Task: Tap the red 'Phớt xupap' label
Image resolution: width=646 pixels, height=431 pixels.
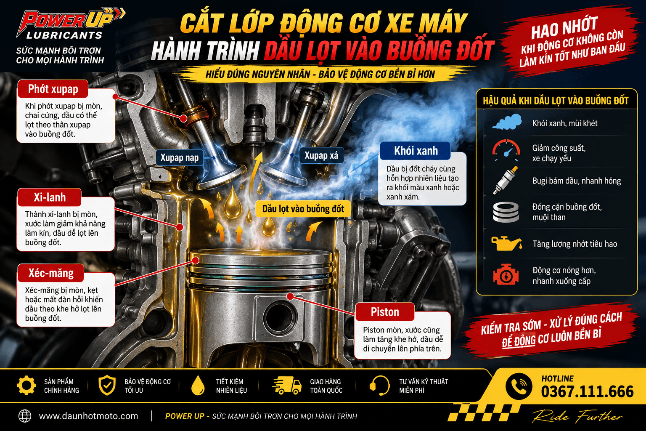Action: [53, 89]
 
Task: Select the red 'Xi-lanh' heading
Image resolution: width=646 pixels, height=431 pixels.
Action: [49, 197]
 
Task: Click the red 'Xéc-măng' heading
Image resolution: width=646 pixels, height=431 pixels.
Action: [51, 273]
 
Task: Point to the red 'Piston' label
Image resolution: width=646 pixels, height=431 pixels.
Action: [385, 312]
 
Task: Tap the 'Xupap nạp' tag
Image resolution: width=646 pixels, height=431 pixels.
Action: [180, 157]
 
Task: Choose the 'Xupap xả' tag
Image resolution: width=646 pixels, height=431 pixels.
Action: [321, 155]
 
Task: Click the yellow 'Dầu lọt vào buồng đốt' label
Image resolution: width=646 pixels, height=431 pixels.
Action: [303, 209]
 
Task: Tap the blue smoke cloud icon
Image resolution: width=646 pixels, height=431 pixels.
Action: [507, 122]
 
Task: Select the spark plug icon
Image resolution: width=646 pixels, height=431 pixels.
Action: [505, 181]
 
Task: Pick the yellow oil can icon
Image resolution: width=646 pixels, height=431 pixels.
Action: [506, 243]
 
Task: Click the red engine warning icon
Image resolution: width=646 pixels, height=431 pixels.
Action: [506, 274]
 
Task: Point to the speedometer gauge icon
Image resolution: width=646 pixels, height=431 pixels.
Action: [506, 150]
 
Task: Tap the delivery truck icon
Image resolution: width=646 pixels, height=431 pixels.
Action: [287, 385]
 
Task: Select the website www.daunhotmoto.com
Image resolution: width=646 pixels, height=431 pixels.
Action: [89, 416]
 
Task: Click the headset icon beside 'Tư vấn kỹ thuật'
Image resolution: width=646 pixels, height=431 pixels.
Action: [379, 385]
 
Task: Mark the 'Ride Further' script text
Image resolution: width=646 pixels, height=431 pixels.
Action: [577, 416]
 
